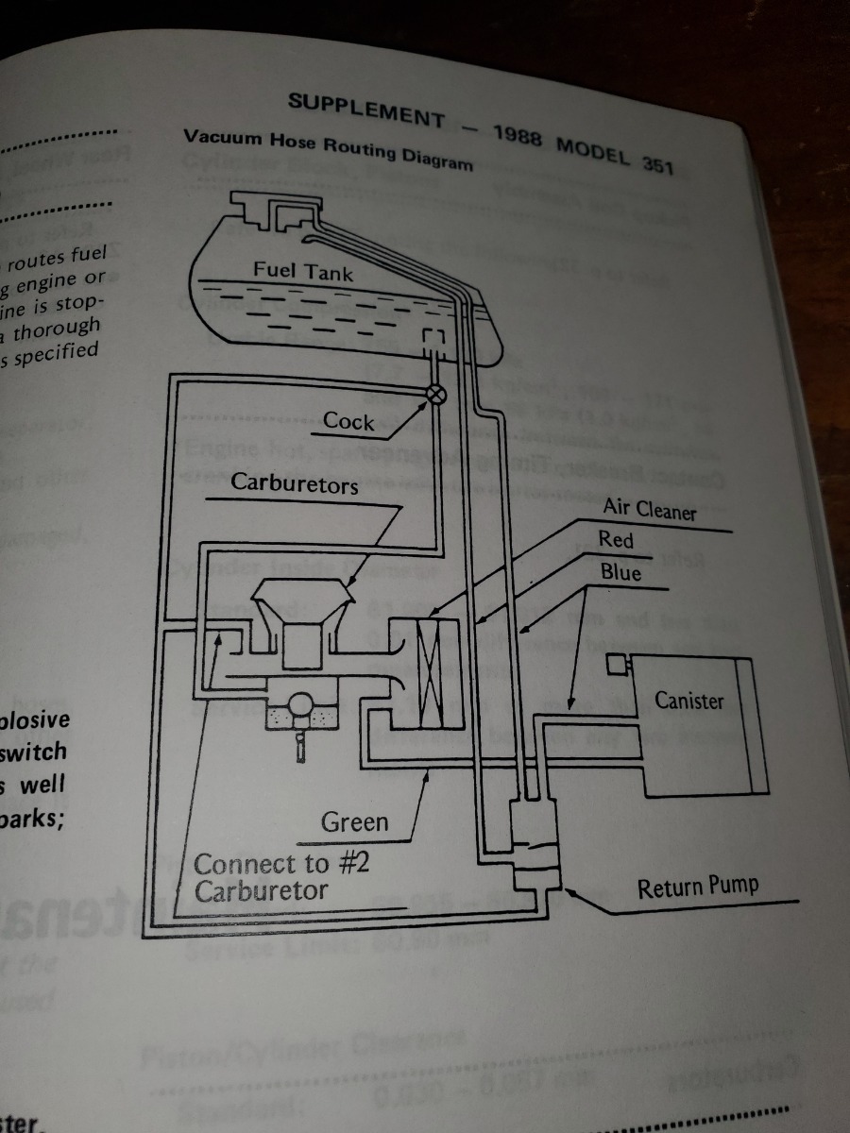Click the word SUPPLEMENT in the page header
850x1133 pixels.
pos(365,109)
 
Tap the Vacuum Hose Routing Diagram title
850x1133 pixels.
pos(328,149)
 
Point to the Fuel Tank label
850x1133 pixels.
pos(302,272)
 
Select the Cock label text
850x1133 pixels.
pos(348,421)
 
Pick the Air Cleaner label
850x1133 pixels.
pos(649,510)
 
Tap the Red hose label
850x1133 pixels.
pos(616,540)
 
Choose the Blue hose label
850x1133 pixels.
pos(620,572)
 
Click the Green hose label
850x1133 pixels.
pos(354,821)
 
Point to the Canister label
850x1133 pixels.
pos(689,701)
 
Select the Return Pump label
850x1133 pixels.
pos(697,888)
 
